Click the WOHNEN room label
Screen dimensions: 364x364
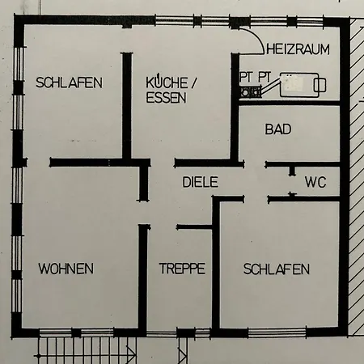coord(66,269)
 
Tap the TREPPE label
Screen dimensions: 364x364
coord(182,269)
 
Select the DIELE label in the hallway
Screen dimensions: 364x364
coord(200,183)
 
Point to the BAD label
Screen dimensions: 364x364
coord(278,129)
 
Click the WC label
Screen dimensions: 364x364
coord(315,183)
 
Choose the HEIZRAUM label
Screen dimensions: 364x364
coord(298,49)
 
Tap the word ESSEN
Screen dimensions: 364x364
coord(166,98)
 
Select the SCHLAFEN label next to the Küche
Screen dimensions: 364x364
coord(69,83)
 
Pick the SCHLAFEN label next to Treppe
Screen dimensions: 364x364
coord(276,269)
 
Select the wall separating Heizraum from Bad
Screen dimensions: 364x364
coord(291,104)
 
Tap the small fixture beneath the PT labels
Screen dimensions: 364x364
coord(248,91)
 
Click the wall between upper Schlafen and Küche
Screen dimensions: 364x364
coord(127,105)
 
